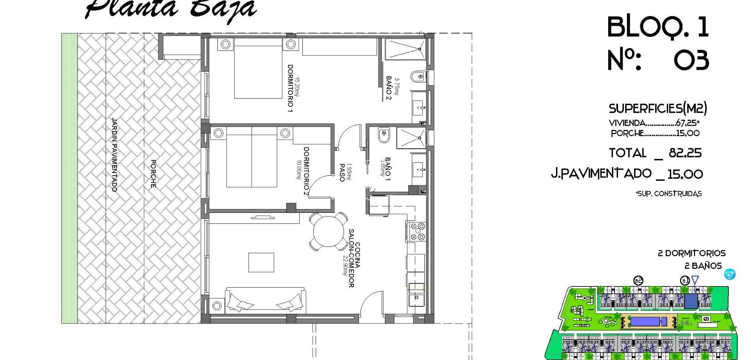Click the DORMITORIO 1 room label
pyautogui.click(x=290, y=88)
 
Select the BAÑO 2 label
pyautogui.click(x=388, y=88)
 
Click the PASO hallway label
pyautogui.click(x=342, y=173)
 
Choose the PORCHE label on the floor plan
pyautogui.click(x=153, y=173)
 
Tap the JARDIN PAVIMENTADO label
pyautogui.click(x=114, y=155)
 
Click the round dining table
pyautogui.click(x=328, y=232)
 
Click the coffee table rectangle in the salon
pyautogui.click(x=261, y=262)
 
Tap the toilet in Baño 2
pyautogui.click(x=418, y=76)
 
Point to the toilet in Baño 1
pyautogui.click(x=383, y=135)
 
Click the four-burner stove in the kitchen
pyautogui.click(x=417, y=231)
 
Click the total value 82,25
pyautogui.click(x=685, y=153)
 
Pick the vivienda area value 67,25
pyautogui.click(x=686, y=123)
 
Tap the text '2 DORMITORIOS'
pyautogui.click(x=692, y=253)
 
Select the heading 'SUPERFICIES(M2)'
pyautogui.click(x=658, y=108)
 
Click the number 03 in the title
pyautogui.click(x=691, y=61)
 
